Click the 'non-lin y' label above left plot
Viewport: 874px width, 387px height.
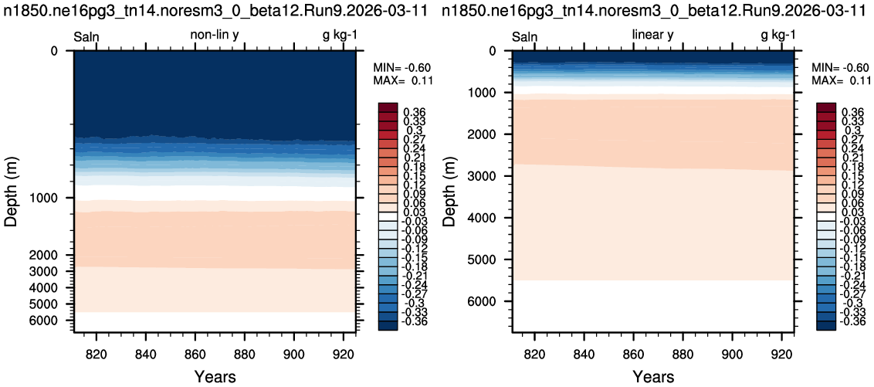point(215,36)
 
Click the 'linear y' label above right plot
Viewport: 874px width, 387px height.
point(652,36)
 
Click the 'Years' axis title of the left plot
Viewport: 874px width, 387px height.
point(215,376)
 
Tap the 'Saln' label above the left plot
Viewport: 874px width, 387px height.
point(86,37)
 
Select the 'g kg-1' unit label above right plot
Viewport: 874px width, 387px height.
point(777,36)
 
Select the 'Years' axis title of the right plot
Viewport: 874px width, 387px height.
point(653,376)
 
